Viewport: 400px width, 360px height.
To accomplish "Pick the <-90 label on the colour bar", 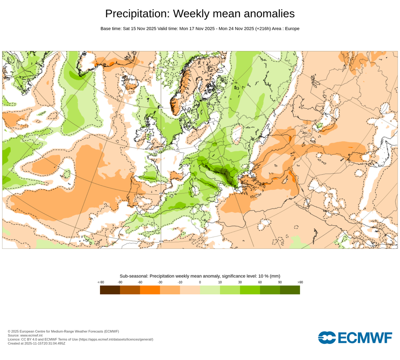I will click(101, 282).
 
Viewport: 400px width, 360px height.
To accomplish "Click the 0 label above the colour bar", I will click(200, 282).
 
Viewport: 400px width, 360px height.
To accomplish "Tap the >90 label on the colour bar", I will click(300, 282).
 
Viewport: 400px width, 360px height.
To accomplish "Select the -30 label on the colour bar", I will click(160, 282).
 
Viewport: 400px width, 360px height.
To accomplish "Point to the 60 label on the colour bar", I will click(260, 282).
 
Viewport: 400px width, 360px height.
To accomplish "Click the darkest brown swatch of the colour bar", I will click(110, 290).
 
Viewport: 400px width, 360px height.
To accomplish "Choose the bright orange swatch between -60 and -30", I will click(150, 290).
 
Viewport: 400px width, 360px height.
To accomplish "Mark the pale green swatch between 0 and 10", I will click(210, 290).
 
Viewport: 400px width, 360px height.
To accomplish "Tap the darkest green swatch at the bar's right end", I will click(290, 290).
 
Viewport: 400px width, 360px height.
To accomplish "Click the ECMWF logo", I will click(355, 337).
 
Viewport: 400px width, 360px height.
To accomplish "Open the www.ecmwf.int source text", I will click(31, 335).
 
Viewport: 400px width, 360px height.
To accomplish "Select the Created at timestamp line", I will click(36, 343).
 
